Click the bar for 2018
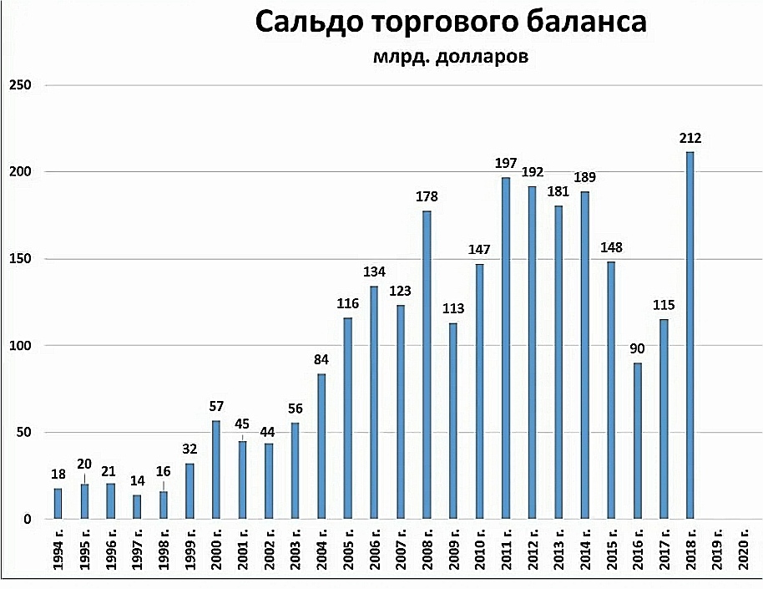[x=690, y=335]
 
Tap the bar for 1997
[x=138, y=507]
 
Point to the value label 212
[x=690, y=139]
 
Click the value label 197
[x=506, y=164]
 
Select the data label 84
[x=321, y=360]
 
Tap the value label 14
[x=138, y=481]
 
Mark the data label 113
[x=453, y=308]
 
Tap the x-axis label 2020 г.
[x=742, y=552]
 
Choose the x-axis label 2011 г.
[x=506, y=552]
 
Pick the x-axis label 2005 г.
[x=348, y=552]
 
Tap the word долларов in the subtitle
[x=480, y=58]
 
